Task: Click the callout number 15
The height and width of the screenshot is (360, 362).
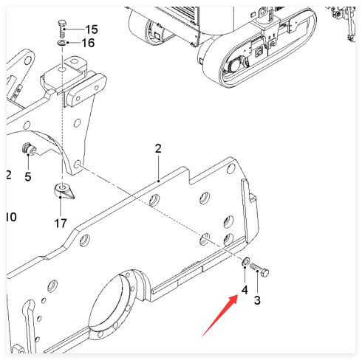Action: click(92, 30)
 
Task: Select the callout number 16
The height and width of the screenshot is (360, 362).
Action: click(88, 43)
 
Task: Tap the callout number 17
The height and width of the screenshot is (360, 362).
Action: click(61, 224)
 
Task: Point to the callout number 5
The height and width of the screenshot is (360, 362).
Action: click(28, 177)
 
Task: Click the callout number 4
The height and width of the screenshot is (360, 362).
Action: click(245, 290)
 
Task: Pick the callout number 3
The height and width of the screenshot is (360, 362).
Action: click(257, 300)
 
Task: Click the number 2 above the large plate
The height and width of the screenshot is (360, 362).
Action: click(158, 148)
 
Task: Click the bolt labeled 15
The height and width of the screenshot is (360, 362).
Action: click(62, 29)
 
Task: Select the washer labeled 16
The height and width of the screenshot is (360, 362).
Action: click(61, 43)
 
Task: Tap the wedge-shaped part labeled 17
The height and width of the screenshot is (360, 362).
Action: click(64, 191)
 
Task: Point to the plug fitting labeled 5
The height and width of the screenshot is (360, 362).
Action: click(29, 149)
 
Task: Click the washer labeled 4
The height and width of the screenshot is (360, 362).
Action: click(245, 260)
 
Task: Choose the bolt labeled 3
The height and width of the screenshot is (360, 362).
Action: click(259, 270)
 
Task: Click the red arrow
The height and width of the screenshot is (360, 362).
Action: click(219, 316)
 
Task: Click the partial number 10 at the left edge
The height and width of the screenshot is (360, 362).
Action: click(11, 217)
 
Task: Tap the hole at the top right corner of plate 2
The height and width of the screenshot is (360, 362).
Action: click(230, 169)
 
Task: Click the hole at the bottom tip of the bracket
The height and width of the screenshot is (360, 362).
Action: click(77, 164)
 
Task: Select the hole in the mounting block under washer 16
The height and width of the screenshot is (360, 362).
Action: click(62, 69)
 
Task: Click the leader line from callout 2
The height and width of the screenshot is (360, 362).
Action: click(158, 168)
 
